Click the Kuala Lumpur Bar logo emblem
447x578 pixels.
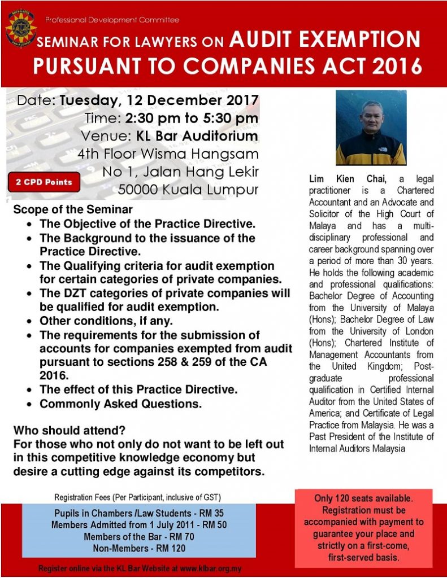point(21,27)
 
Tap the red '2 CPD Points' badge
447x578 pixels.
point(44,182)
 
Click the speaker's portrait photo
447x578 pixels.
point(371,128)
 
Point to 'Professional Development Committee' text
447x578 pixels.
point(112,20)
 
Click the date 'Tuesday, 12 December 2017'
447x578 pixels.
point(159,101)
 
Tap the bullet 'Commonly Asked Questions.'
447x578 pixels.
point(120,404)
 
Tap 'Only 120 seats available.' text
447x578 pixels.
point(364,499)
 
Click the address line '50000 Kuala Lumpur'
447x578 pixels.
point(188,189)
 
